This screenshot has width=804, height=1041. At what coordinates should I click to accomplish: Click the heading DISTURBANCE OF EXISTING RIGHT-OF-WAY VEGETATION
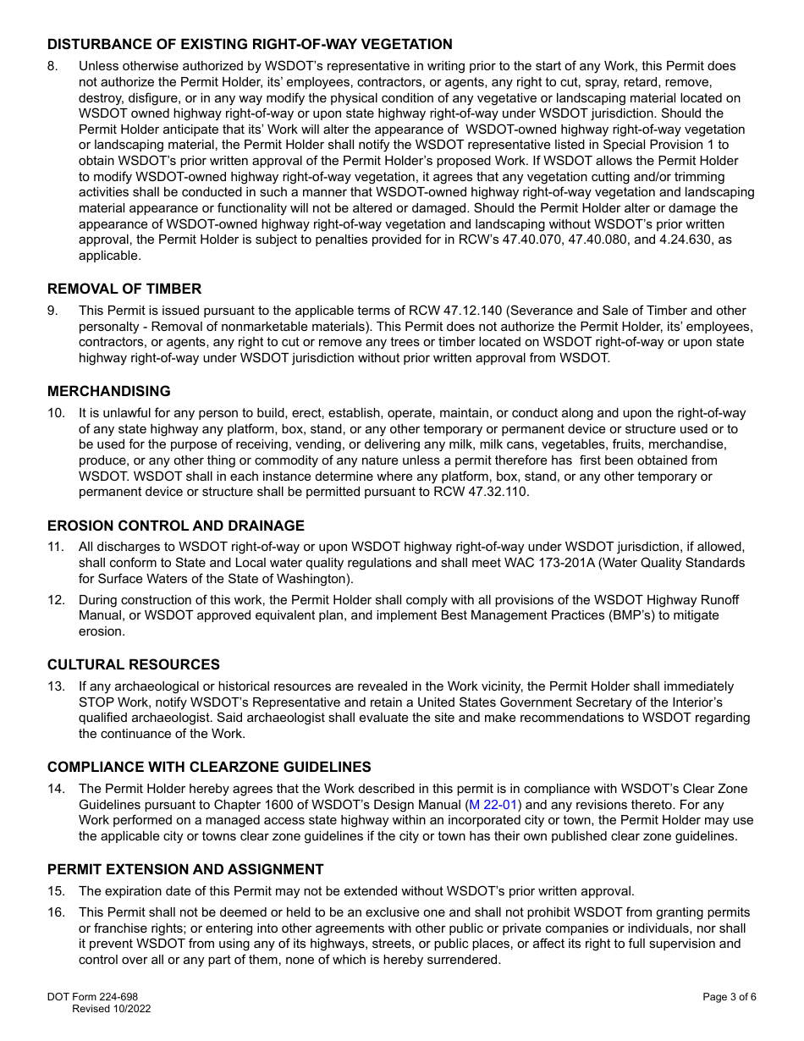pyautogui.click(x=250, y=44)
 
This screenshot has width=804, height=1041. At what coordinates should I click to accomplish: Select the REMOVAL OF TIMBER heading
pyautogui.click(x=124, y=289)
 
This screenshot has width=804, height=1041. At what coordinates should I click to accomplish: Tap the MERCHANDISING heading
pyautogui.click(x=108, y=391)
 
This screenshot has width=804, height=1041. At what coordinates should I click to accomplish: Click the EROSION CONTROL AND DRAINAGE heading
pyautogui.click(x=176, y=526)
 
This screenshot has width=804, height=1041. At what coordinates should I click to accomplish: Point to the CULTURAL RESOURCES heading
pyautogui.click(x=134, y=664)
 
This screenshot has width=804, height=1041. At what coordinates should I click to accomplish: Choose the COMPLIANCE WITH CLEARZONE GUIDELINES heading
pyautogui.click(x=209, y=767)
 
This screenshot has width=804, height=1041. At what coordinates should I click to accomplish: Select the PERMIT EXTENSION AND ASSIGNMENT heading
pyautogui.click(x=185, y=869)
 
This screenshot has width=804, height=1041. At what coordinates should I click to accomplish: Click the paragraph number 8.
pyautogui.click(x=53, y=66)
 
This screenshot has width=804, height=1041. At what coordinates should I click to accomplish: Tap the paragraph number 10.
pyautogui.click(x=56, y=413)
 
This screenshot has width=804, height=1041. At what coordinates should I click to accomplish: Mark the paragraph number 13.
pyautogui.click(x=56, y=686)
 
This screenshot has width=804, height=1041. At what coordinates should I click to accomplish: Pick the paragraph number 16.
pyautogui.click(x=56, y=912)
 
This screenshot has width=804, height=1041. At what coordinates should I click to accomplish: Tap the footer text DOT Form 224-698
pyautogui.click(x=92, y=996)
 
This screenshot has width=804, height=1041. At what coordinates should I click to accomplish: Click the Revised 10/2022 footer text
pyautogui.click(x=111, y=1008)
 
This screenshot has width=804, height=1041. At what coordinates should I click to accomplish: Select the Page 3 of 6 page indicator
pyautogui.click(x=729, y=996)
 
